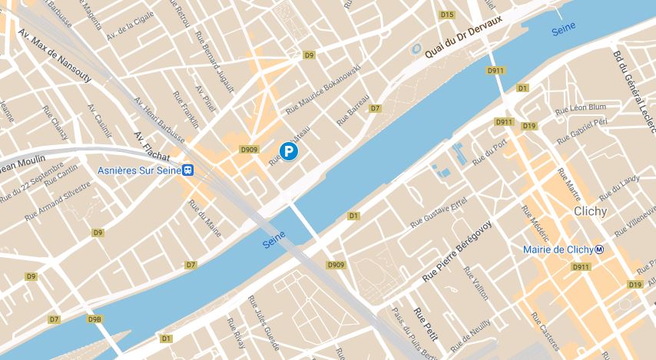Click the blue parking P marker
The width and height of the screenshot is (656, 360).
288,153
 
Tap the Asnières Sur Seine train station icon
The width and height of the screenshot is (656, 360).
187,170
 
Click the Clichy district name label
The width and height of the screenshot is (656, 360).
590,211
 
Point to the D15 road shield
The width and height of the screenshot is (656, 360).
447,15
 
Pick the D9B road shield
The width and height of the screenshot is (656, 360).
94,319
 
